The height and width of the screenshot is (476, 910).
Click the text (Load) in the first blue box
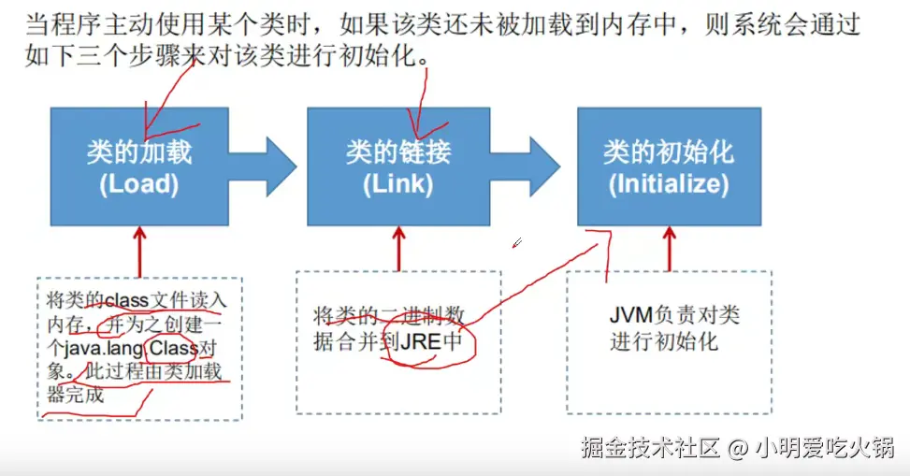tap(138, 184)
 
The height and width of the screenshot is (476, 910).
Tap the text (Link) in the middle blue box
tap(397, 184)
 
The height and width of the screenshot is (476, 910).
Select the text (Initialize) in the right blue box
tap(668, 184)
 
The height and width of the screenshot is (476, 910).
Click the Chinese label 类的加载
tap(138, 152)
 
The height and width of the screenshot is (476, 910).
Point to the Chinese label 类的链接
tap(397, 152)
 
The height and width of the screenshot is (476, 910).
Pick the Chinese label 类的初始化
tap(668, 152)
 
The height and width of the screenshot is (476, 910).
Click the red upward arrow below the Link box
tap(398, 248)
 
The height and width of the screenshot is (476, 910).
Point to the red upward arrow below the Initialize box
tap(668, 248)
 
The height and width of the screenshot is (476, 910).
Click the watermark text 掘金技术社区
tap(649, 448)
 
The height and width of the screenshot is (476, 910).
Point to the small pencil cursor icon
tap(516, 244)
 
